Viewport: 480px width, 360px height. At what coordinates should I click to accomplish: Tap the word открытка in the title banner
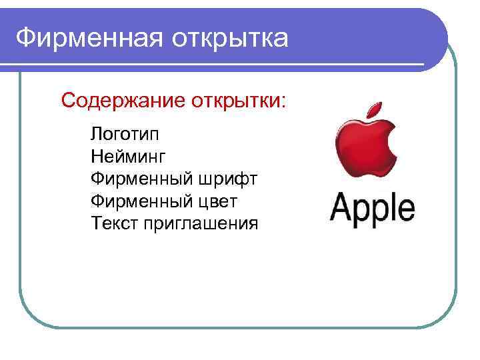(x=231, y=37)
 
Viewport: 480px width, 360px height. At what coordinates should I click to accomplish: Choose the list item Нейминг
(x=127, y=157)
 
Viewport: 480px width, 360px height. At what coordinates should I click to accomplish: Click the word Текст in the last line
(x=114, y=222)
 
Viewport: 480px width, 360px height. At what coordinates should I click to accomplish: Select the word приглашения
(x=199, y=223)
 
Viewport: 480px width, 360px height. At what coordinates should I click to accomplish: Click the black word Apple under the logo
(x=373, y=208)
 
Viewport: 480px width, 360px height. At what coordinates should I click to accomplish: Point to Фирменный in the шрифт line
(x=141, y=179)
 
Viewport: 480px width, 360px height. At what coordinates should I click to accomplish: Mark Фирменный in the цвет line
(x=141, y=201)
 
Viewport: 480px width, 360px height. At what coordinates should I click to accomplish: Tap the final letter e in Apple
(x=405, y=209)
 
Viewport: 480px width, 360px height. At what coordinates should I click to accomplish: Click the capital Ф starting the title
(x=24, y=37)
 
